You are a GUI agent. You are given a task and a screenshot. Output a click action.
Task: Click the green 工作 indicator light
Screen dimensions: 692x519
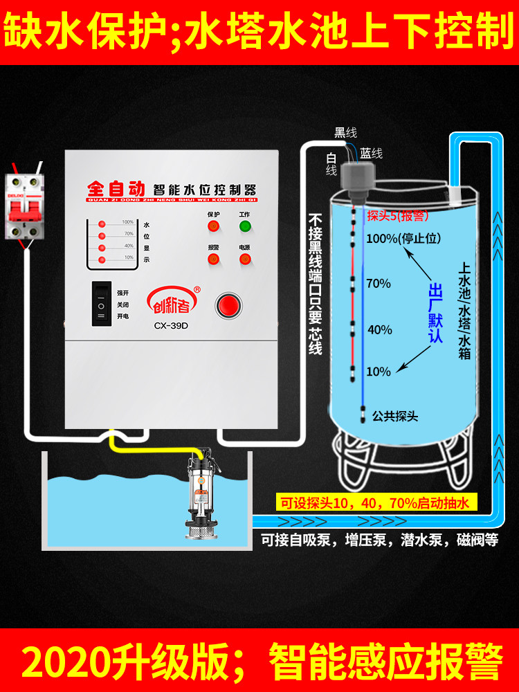pyautogui.click(x=244, y=226)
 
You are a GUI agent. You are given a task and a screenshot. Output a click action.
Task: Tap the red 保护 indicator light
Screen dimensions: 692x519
pyautogui.click(x=213, y=226)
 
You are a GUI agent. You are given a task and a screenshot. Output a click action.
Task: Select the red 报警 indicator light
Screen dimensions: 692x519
pyautogui.click(x=213, y=259)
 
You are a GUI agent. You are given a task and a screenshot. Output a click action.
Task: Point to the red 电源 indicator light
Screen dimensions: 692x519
pyautogui.click(x=244, y=259)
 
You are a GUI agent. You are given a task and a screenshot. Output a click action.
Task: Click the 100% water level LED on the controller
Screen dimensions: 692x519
pyautogui.click(x=102, y=225)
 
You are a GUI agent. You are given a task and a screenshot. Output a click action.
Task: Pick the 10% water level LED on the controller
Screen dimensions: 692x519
pyautogui.click(x=102, y=259)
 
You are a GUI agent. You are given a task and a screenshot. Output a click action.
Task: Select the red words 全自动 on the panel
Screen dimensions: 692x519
pyautogui.click(x=115, y=188)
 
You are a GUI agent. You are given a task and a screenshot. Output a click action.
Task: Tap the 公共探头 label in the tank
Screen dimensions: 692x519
pyautogui.click(x=395, y=417)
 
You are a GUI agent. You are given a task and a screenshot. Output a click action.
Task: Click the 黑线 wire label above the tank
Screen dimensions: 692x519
pyautogui.click(x=345, y=132)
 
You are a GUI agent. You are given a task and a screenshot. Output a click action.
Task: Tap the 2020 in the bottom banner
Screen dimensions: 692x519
pyautogui.click(x=66, y=662)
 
